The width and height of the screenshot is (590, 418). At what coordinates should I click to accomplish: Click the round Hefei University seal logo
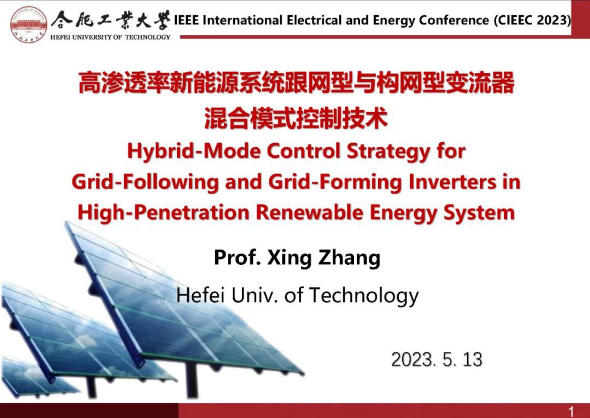(29, 25)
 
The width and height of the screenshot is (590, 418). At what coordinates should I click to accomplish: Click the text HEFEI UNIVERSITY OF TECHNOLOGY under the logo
(110, 37)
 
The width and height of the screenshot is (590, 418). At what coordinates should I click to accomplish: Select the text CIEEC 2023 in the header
(532, 20)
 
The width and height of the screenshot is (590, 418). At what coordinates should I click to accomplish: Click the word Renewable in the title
(310, 212)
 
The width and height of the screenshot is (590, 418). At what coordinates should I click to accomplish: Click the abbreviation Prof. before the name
(238, 258)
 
